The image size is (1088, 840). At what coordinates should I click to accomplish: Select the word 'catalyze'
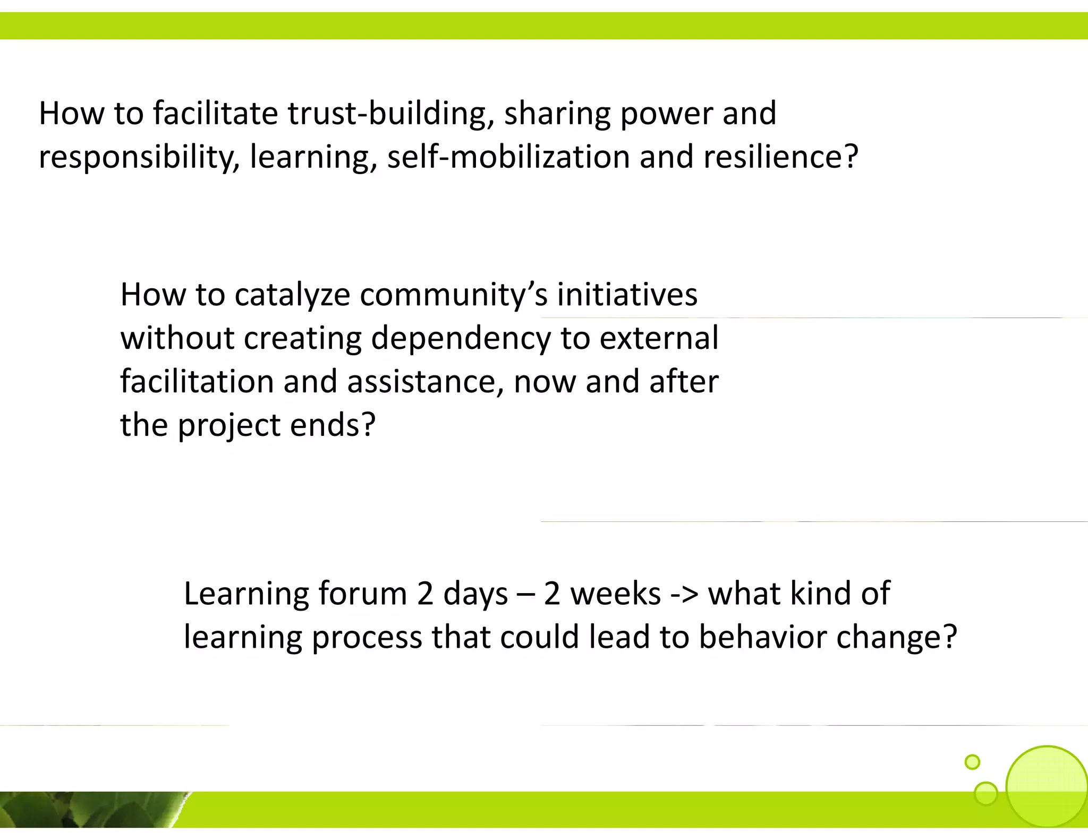click(x=292, y=295)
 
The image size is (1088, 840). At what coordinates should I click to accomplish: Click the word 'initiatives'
click(x=627, y=295)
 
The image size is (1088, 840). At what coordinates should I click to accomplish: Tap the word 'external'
click(x=659, y=338)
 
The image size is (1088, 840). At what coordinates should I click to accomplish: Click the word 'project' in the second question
click(x=229, y=426)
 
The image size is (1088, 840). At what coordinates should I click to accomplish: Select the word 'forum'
click(x=362, y=594)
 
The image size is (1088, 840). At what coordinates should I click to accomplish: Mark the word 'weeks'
click(x=616, y=594)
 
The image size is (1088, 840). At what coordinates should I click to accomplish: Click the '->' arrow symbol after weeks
click(x=685, y=594)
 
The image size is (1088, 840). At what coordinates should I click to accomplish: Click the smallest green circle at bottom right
click(x=972, y=762)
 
